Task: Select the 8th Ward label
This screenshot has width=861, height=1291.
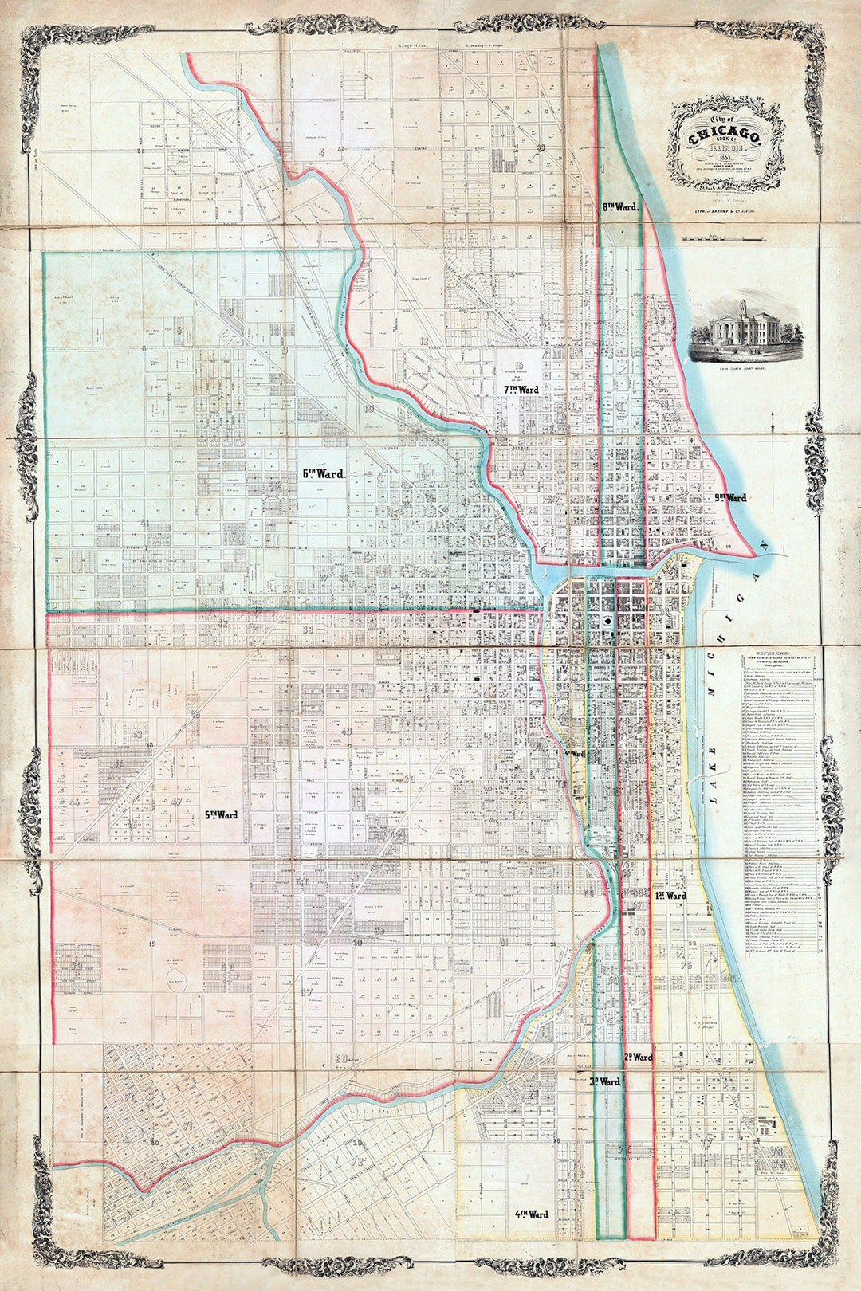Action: coord(620,206)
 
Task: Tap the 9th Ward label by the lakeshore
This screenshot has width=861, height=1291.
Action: coord(730,498)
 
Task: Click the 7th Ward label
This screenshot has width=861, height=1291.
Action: coord(521,390)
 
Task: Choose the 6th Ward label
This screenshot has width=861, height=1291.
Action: coord(323,473)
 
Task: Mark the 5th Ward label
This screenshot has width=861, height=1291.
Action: coord(222,815)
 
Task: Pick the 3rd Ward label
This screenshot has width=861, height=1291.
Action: coord(605,1082)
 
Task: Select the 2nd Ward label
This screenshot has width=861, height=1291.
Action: coord(638,1058)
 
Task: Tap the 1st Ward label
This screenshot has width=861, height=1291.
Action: coord(670,896)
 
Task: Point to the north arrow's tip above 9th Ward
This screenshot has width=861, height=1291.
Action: coord(773,424)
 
